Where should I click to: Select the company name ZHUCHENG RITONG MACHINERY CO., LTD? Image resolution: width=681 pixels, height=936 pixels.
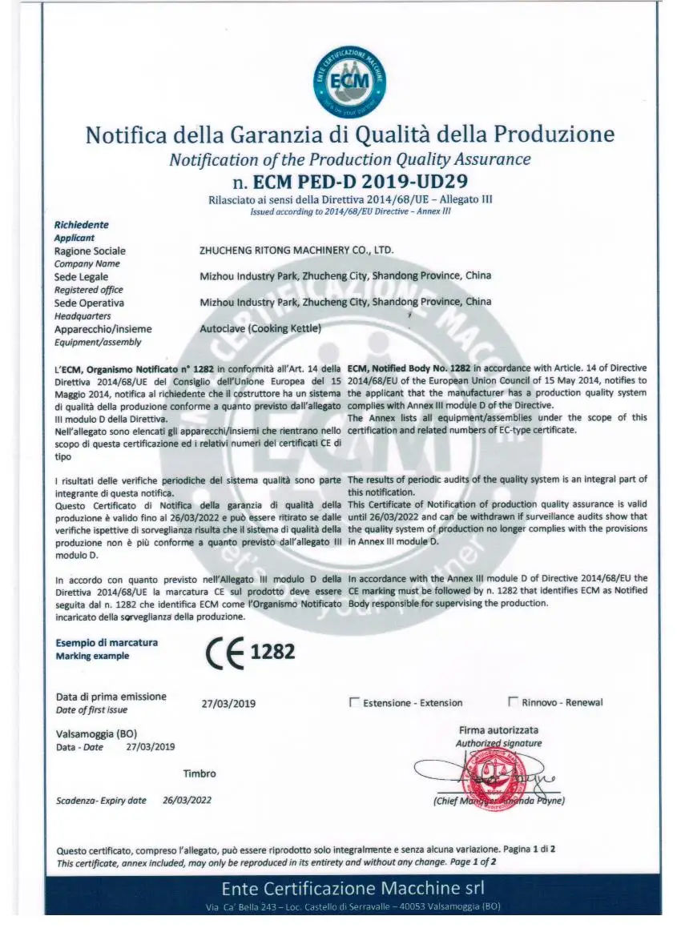click(x=296, y=250)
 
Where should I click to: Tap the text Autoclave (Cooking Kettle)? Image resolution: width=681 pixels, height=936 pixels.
click(x=260, y=328)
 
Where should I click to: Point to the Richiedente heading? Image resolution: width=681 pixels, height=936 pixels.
click(x=81, y=225)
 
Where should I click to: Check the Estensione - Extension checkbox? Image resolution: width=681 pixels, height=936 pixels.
click(x=354, y=702)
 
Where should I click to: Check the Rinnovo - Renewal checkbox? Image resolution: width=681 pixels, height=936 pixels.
click(x=513, y=702)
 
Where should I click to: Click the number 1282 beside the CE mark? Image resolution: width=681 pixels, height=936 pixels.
click(x=273, y=652)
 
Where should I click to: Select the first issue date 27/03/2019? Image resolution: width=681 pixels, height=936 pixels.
click(x=228, y=704)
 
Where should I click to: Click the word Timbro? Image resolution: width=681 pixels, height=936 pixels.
click(x=199, y=773)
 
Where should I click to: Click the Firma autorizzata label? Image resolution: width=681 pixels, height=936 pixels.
click(x=498, y=730)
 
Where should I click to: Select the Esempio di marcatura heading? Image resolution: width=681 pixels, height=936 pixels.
click(x=107, y=642)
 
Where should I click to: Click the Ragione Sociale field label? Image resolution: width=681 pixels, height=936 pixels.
click(x=90, y=251)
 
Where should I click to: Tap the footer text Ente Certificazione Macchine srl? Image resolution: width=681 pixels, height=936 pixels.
click(x=353, y=888)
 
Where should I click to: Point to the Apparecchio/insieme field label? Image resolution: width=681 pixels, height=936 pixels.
click(x=103, y=328)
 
